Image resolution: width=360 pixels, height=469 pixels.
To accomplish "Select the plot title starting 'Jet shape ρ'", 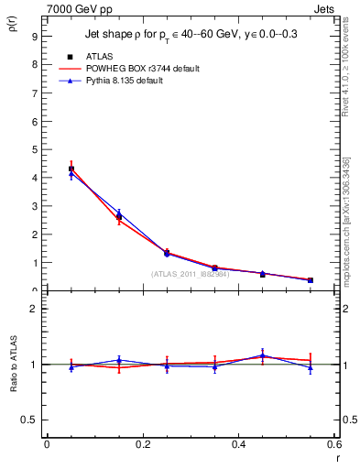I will pos(191,34).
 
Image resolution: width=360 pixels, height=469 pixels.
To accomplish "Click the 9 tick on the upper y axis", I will pos(34,36).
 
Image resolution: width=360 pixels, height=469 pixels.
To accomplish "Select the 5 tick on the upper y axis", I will pos(34,149).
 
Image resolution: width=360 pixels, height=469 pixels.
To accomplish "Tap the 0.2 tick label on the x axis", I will pos(142,445).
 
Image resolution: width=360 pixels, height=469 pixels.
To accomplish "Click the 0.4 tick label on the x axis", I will pos(238,445).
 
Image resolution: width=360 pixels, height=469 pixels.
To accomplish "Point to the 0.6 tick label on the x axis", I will pos(333,445).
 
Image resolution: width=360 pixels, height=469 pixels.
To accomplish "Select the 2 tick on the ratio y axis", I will pos(34,309).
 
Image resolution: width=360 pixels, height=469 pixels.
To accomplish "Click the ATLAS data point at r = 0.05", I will pos(71,169).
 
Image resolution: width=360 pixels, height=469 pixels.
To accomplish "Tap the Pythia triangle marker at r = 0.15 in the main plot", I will pos(119,213).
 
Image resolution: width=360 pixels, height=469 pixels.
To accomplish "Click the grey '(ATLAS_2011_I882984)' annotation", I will pos(191,274).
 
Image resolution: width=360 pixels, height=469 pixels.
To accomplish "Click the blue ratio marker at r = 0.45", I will pos(263,355).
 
